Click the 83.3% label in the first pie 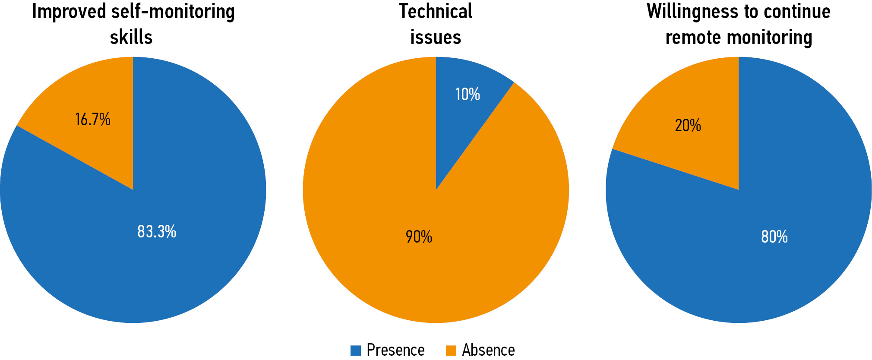pyautogui.click(x=157, y=232)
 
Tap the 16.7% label pyautogui.click(x=93, y=120)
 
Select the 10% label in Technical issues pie pyautogui.click(x=468, y=94)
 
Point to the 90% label pyautogui.click(x=419, y=237)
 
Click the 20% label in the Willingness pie pyautogui.click(x=688, y=126)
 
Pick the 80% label pyautogui.click(x=774, y=237)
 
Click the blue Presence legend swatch pyautogui.click(x=356, y=350)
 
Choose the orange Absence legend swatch pyautogui.click(x=451, y=350)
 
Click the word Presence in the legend pyautogui.click(x=395, y=350)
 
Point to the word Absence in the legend pyautogui.click(x=488, y=350)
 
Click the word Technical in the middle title pyautogui.click(x=436, y=12)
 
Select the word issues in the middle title pyautogui.click(x=436, y=37)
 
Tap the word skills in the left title pyautogui.click(x=131, y=37)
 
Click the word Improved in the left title pyautogui.click(x=69, y=12)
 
